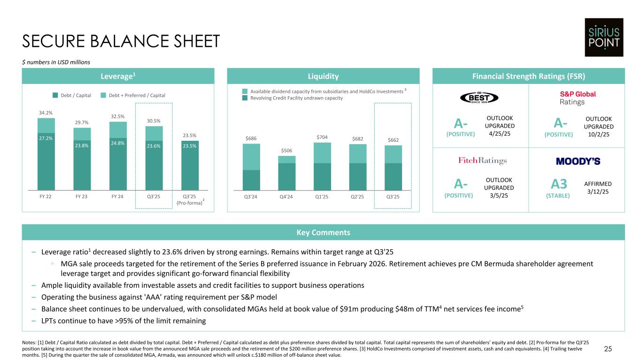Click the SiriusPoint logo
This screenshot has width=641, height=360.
603,37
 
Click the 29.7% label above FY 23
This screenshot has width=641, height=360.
82,123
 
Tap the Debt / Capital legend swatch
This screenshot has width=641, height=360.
55,95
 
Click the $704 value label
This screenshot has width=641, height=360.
322,137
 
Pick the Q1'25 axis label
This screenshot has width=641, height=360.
322,196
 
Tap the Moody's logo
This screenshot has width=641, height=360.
578,161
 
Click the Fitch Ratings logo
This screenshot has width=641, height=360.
482,161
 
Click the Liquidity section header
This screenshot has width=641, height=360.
323,76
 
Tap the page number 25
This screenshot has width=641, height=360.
621,349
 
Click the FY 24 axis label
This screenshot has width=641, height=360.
118,196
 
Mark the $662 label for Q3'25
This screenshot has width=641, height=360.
393,140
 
